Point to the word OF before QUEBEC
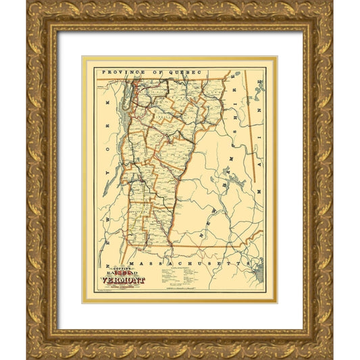(149, 70)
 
